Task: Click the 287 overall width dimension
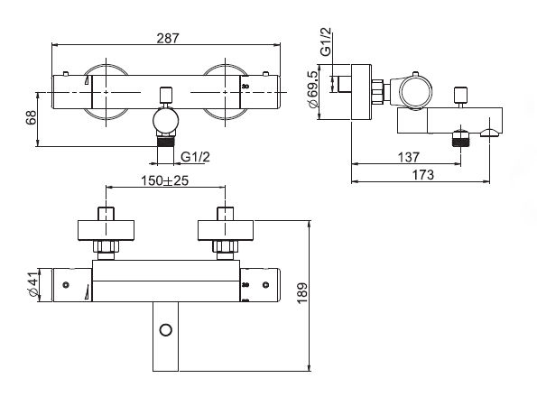click(x=168, y=38)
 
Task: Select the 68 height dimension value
click(x=32, y=117)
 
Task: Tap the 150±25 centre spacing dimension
click(x=165, y=180)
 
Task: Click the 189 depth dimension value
click(x=302, y=293)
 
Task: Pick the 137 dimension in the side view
click(x=408, y=157)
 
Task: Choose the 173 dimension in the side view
click(x=422, y=175)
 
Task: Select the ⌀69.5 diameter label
click(x=314, y=89)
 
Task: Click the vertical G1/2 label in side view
click(x=326, y=41)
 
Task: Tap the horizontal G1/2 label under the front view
click(x=195, y=157)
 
